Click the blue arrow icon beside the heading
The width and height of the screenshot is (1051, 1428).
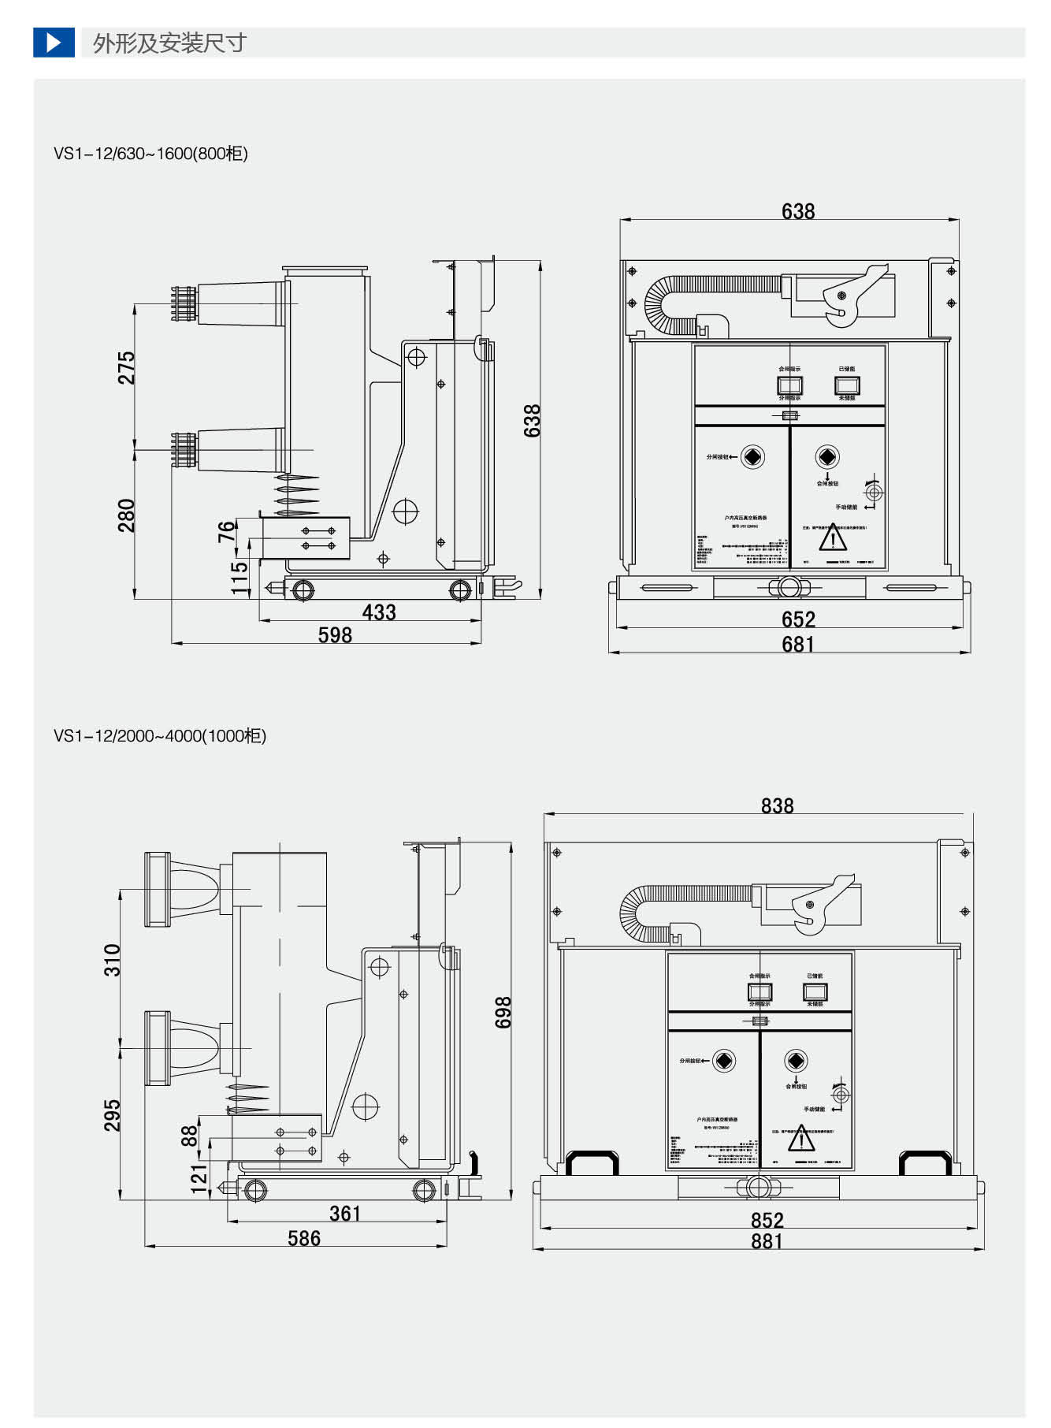(x=54, y=43)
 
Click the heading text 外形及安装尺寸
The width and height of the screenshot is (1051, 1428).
(x=169, y=43)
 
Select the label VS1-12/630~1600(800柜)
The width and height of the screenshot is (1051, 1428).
(x=150, y=154)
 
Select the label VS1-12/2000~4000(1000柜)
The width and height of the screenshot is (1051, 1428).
(x=160, y=736)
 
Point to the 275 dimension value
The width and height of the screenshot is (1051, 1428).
(x=126, y=368)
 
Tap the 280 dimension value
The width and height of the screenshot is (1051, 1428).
(x=126, y=515)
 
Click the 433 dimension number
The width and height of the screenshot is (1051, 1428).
(x=379, y=612)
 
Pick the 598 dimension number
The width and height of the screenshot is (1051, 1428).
(x=335, y=635)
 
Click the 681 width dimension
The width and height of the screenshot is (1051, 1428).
(x=797, y=645)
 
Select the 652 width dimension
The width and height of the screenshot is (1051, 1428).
(x=797, y=619)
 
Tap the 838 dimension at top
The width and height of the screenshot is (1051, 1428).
(x=777, y=805)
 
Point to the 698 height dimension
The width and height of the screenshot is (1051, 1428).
(x=503, y=1012)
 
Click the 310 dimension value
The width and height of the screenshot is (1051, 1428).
(x=113, y=960)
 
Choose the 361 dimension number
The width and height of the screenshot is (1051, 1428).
(x=345, y=1214)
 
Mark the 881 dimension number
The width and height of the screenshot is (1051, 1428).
(x=767, y=1241)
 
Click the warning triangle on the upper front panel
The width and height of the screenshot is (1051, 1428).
(x=832, y=539)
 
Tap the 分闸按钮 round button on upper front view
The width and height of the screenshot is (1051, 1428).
(x=753, y=457)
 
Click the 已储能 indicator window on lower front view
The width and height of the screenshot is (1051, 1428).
(x=815, y=991)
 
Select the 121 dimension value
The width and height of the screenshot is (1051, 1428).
(x=199, y=1179)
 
